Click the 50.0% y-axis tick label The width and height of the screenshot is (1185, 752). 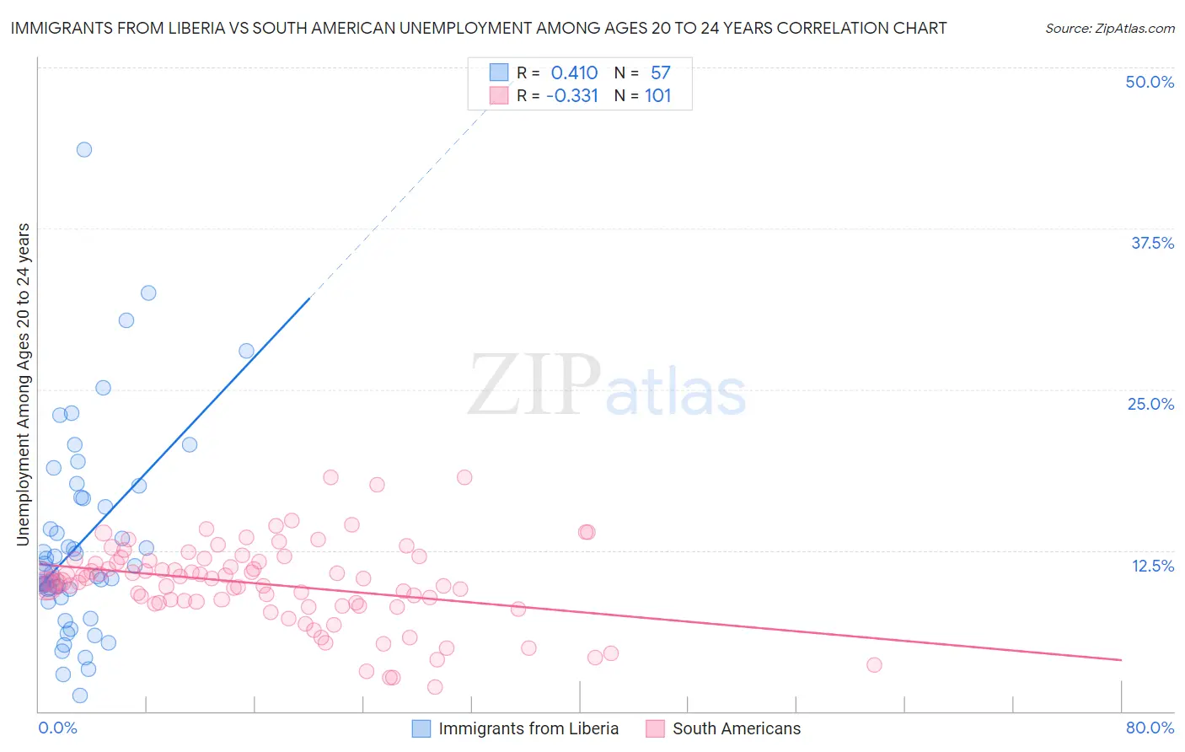[x=1150, y=82]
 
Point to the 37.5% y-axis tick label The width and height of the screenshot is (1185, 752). [x=1152, y=243]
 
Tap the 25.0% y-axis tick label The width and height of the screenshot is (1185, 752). [x=1150, y=404]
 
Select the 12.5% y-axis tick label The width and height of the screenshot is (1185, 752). [x=1152, y=566]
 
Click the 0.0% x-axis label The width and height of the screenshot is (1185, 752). [x=57, y=728]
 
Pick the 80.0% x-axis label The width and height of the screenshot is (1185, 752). [x=1150, y=728]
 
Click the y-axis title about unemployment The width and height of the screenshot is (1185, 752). [x=24, y=384]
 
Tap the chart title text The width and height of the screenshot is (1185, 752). [x=479, y=28]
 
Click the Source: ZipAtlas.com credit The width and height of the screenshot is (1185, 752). [x=1109, y=28]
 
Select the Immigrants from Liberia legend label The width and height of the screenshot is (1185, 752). [x=528, y=728]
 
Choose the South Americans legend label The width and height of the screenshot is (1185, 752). [x=737, y=728]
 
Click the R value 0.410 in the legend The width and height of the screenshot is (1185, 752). [x=574, y=73]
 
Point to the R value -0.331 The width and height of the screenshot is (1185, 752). [x=572, y=95]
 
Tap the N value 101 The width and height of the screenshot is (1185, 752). [x=658, y=95]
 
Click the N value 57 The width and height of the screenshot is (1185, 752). [x=661, y=73]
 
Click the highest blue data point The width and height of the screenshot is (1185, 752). [x=84, y=149]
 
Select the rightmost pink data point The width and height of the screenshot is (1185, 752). [x=874, y=665]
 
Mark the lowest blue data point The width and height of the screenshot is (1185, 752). [x=80, y=696]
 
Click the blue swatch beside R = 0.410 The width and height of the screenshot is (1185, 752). [x=499, y=73]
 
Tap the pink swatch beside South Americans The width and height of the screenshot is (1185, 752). [x=655, y=728]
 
